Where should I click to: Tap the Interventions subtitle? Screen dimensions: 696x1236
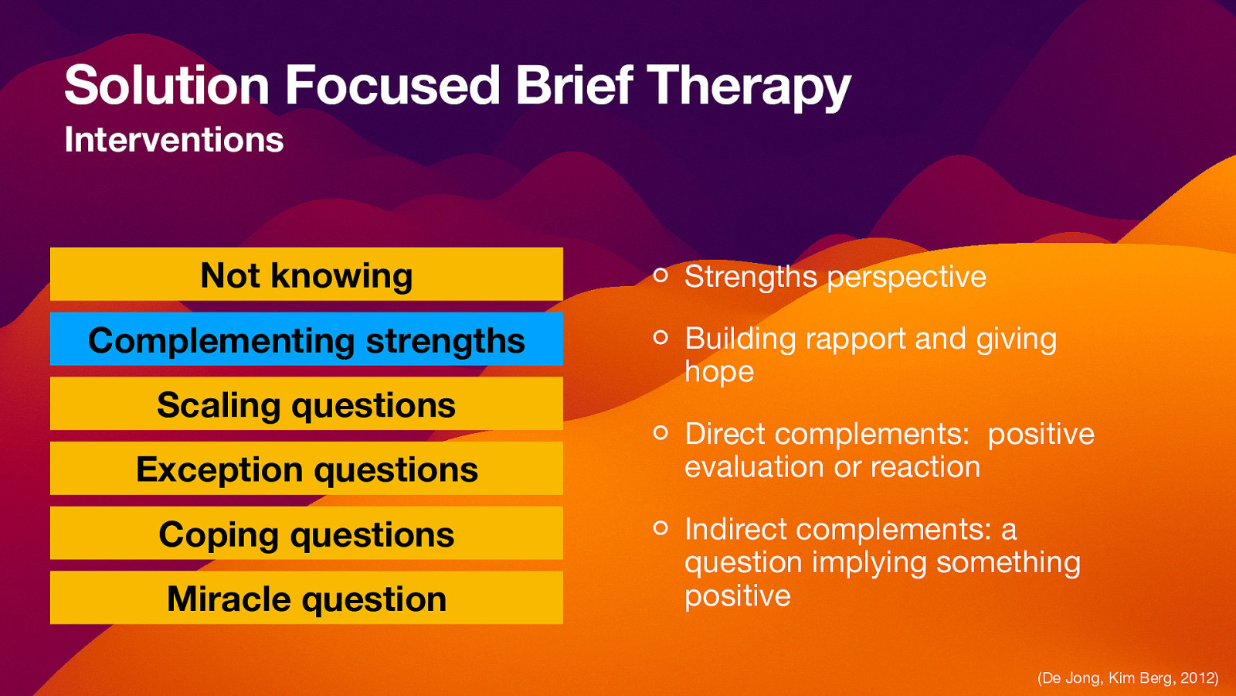click(x=174, y=140)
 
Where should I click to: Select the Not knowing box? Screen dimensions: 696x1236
click(x=307, y=275)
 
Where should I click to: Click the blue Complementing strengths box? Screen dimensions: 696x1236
click(x=307, y=339)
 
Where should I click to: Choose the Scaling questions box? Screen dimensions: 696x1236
click(x=307, y=404)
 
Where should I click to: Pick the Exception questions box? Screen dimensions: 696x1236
click(x=307, y=469)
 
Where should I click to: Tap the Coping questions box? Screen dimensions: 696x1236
click(x=307, y=534)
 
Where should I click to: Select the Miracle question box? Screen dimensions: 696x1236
click(x=307, y=598)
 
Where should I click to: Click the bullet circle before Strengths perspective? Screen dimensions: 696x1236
click(x=660, y=275)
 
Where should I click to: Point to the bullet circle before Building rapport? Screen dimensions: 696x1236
click(x=660, y=337)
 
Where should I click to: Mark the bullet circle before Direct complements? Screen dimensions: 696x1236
click(x=660, y=432)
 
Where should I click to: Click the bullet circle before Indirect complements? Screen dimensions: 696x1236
click(x=660, y=527)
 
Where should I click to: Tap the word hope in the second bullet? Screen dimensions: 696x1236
click(x=718, y=373)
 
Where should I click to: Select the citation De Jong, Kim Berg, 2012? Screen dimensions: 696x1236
click(x=1127, y=678)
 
